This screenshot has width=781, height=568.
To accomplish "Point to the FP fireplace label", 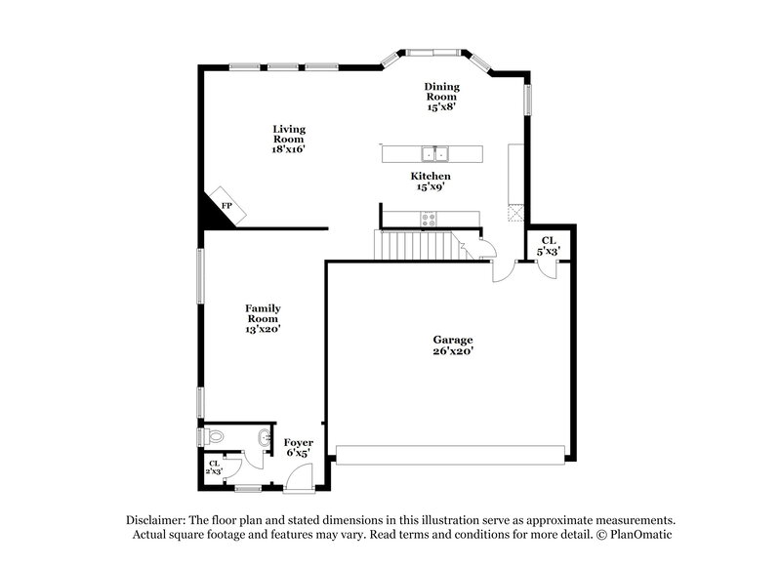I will pos(226,207).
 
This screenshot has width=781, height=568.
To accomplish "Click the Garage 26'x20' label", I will pos(453,345).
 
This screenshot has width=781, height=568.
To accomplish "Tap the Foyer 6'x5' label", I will pos(298,447).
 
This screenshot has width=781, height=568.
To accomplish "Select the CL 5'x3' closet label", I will pos(549,246).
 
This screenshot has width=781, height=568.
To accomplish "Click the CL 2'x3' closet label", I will pos(214,467).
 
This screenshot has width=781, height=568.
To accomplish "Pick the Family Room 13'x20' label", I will pos(263,318).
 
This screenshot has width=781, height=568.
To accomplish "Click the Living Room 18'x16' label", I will pos(289,139).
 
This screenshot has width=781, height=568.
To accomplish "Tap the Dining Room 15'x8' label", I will pos(441,96).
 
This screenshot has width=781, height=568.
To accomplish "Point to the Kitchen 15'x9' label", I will pos(430,182).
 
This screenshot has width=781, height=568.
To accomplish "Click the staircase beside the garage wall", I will pos(417,246).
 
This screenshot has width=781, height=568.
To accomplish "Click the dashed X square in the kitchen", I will pos(515,213).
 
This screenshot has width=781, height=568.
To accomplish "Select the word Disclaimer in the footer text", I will pos(158,520).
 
